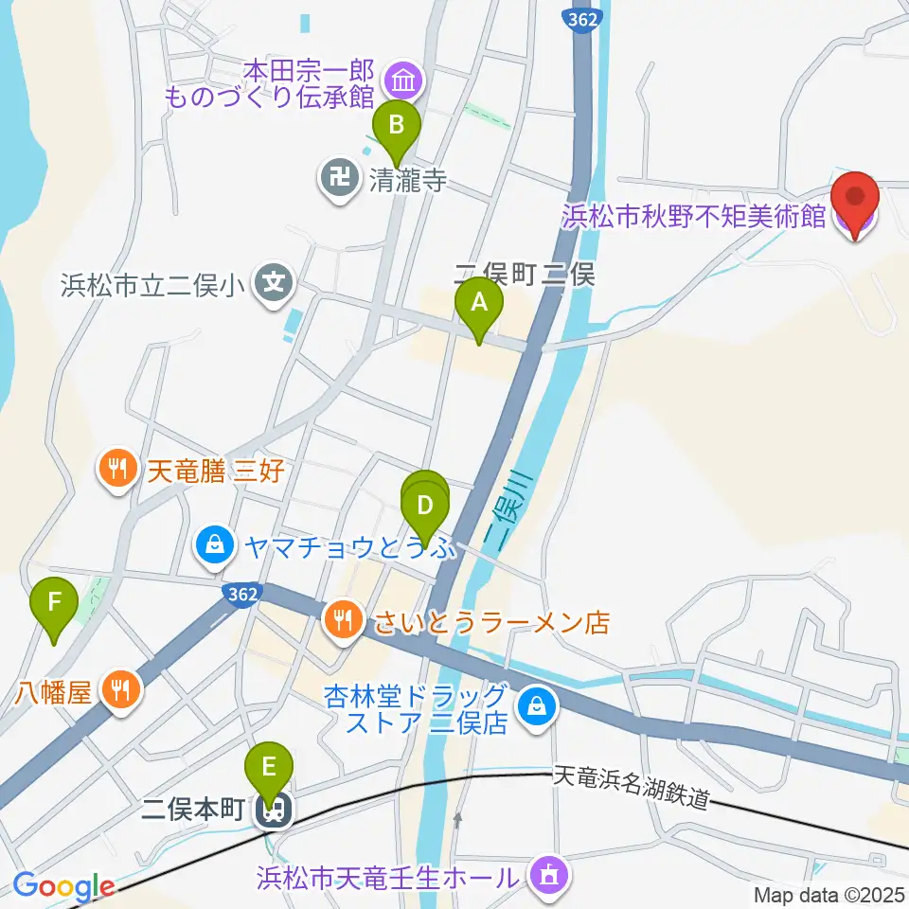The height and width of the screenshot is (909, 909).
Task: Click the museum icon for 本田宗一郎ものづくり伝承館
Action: (x=404, y=82)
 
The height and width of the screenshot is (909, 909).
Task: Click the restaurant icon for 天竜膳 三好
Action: (x=117, y=469)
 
